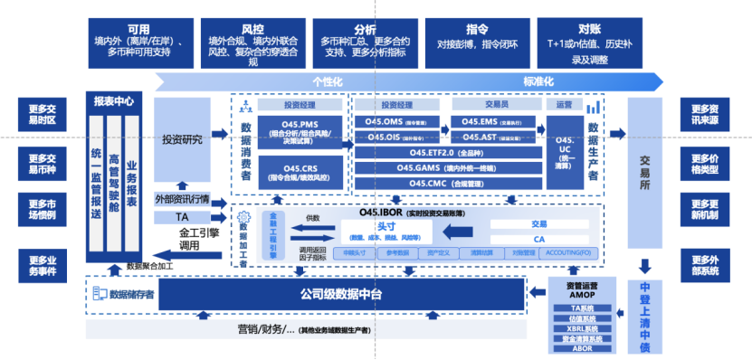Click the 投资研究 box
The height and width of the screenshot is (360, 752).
click(x=182, y=140)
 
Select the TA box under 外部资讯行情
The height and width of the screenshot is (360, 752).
click(x=182, y=217)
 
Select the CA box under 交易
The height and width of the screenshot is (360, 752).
click(x=539, y=240)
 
